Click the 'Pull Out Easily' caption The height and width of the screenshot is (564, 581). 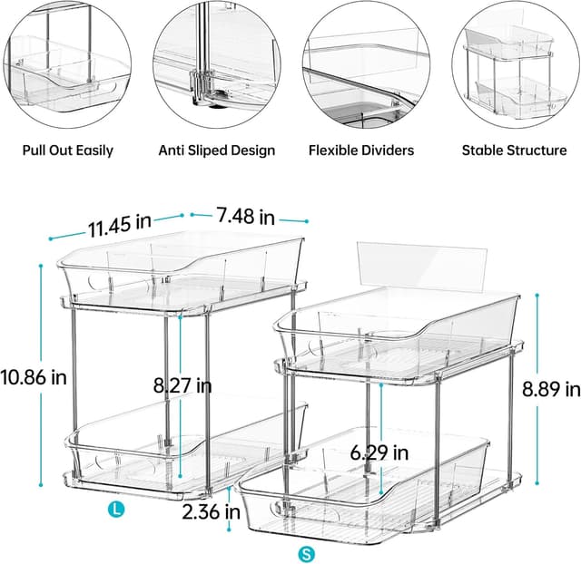pyautogui.click(x=68, y=150)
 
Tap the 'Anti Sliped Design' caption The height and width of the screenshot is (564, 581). pyautogui.click(x=217, y=150)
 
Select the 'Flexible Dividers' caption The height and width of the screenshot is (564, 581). pyautogui.click(x=361, y=150)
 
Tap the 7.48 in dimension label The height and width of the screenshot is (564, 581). pyautogui.click(x=245, y=217)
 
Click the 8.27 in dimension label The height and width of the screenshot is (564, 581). pyautogui.click(x=182, y=385)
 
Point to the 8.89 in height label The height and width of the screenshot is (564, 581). pyautogui.click(x=551, y=389)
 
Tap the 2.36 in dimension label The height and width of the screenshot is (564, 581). pyautogui.click(x=212, y=511)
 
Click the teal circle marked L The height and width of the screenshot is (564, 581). pyautogui.click(x=115, y=511)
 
